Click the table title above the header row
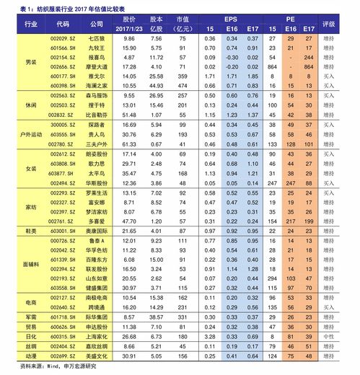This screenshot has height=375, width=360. click(79, 8)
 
